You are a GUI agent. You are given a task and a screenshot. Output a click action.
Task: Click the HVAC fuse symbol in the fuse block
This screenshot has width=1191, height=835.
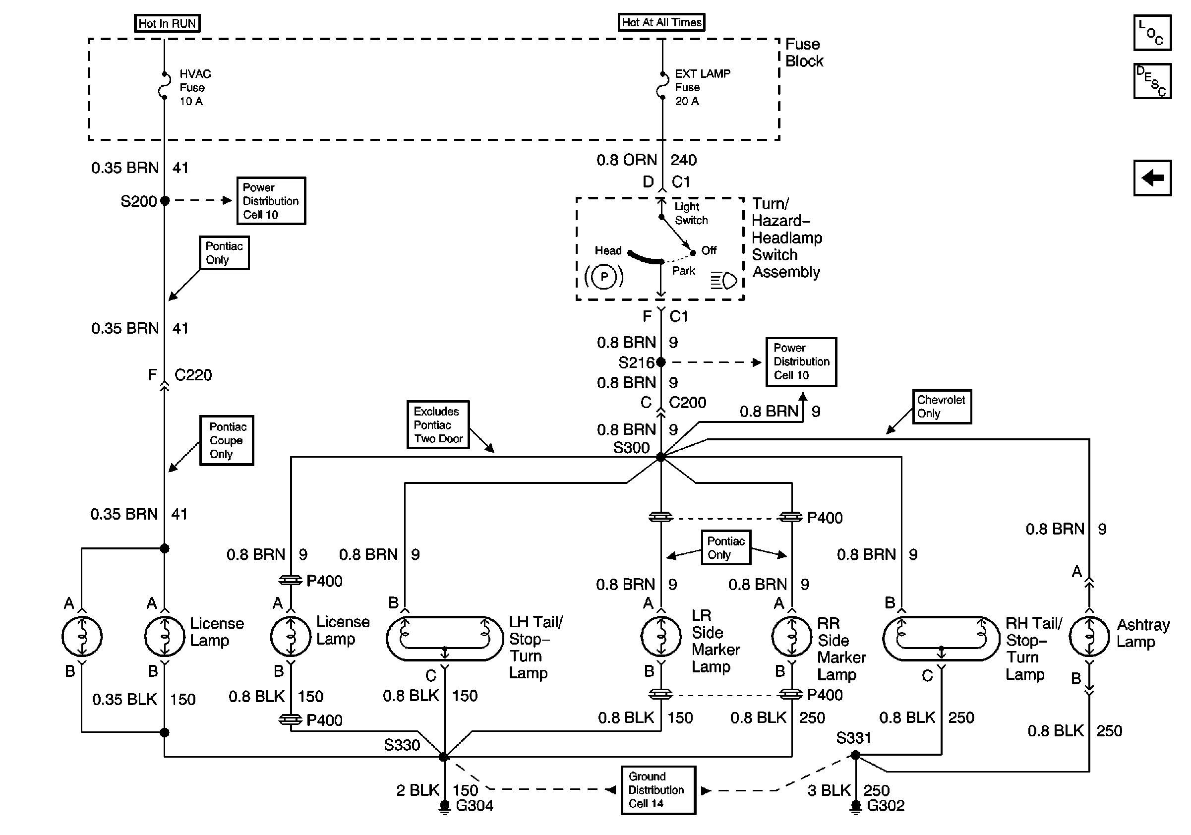(x=164, y=86)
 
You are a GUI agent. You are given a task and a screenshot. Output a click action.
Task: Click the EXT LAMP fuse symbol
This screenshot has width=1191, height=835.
(x=662, y=86)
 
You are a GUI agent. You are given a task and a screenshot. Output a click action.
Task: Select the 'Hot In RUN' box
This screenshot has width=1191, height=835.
(x=167, y=23)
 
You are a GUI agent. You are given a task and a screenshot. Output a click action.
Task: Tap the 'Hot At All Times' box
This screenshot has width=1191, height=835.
(x=661, y=22)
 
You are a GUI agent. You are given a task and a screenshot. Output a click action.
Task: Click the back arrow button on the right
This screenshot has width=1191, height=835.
(x=1152, y=178)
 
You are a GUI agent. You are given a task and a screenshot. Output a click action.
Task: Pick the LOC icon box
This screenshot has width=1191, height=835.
(x=1152, y=33)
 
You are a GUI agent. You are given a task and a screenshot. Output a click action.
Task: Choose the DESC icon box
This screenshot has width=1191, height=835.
(x=1152, y=81)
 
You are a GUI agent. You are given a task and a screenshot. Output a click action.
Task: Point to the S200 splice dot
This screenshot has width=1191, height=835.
(x=165, y=201)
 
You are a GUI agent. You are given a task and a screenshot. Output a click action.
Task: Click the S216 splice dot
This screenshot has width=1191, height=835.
(x=661, y=362)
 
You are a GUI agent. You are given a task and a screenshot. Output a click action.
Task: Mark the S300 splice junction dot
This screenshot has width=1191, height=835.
(x=661, y=457)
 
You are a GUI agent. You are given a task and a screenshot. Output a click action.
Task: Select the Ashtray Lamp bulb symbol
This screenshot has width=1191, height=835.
(x=1089, y=636)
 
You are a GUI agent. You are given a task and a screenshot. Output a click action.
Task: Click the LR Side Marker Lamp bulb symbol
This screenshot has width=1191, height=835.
(x=661, y=636)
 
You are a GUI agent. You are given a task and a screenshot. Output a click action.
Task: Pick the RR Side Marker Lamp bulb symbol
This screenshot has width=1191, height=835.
(x=791, y=636)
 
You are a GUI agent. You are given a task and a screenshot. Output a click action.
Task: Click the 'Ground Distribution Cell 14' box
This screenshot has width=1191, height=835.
(x=658, y=790)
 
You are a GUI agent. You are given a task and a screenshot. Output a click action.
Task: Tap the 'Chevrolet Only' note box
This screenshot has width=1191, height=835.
(x=942, y=407)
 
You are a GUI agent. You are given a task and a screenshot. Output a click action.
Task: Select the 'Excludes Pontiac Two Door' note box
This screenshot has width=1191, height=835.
(x=438, y=425)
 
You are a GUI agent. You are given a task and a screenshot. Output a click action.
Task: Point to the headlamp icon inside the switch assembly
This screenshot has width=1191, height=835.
(x=724, y=281)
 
